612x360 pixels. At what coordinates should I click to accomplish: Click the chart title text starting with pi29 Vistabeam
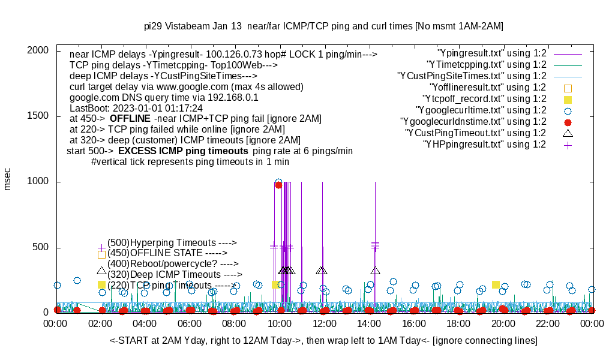click(323, 26)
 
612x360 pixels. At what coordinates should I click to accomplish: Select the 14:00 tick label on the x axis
click(369, 323)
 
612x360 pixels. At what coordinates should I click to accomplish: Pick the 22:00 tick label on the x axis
click(548, 323)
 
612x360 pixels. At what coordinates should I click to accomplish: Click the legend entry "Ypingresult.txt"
click(492, 53)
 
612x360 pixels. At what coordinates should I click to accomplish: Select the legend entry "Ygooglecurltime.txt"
click(481, 110)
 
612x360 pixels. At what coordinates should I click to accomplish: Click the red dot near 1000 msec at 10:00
click(278, 185)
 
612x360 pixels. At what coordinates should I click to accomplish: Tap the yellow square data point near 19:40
click(496, 284)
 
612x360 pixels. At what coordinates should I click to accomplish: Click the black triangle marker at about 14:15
click(376, 271)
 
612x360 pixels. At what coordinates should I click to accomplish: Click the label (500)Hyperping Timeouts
click(172, 242)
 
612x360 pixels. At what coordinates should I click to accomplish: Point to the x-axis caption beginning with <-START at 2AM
click(323, 341)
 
